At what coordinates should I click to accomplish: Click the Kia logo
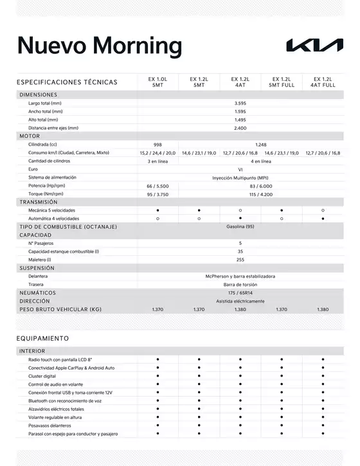[x=314, y=45]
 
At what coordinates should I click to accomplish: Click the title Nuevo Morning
[x=100, y=46]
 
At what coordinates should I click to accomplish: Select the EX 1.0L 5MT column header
[x=157, y=82]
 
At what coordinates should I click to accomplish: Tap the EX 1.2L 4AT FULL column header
[x=323, y=82]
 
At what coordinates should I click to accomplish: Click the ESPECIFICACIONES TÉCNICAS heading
[x=67, y=82]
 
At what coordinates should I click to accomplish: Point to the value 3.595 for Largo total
[x=240, y=103]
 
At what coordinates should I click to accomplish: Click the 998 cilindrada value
[x=157, y=145]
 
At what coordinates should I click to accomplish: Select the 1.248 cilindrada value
[x=260, y=145]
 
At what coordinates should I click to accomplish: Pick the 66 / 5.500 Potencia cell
[x=157, y=185]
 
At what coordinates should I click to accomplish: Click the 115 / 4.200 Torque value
[x=260, y=193]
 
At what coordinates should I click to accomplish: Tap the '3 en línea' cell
[x=157, y=161]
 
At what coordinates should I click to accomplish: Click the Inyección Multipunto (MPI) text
[x=240, y=177]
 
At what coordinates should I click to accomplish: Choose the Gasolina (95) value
[x=240, y=226]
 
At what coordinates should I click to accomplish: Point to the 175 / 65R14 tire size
[x=240, y=292]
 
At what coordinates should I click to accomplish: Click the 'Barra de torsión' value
[x=240, y=284]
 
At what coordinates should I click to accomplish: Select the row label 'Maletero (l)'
[x=39, y=260]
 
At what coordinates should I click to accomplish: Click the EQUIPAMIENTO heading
[x=42, y=338]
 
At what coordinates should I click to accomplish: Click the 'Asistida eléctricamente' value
[x=240, y=301]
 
